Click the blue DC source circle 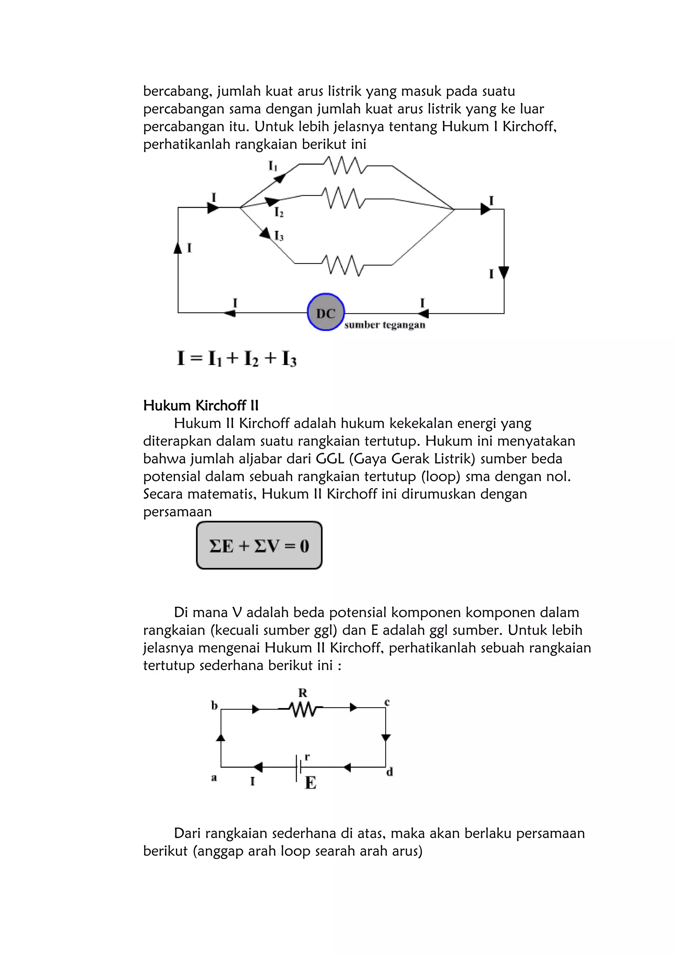(325, 312)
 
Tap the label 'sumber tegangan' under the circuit (385, 325)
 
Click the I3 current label (279, 236)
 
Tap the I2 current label (279, 213)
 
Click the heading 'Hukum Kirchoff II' (201, 406)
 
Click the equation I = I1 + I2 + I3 (236, 358)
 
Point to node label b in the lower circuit (214, 705)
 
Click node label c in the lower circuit (387, 702)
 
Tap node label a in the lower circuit (214, 777)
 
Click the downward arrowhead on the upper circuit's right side (504, 272)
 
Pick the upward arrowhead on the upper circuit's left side (178, 248)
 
